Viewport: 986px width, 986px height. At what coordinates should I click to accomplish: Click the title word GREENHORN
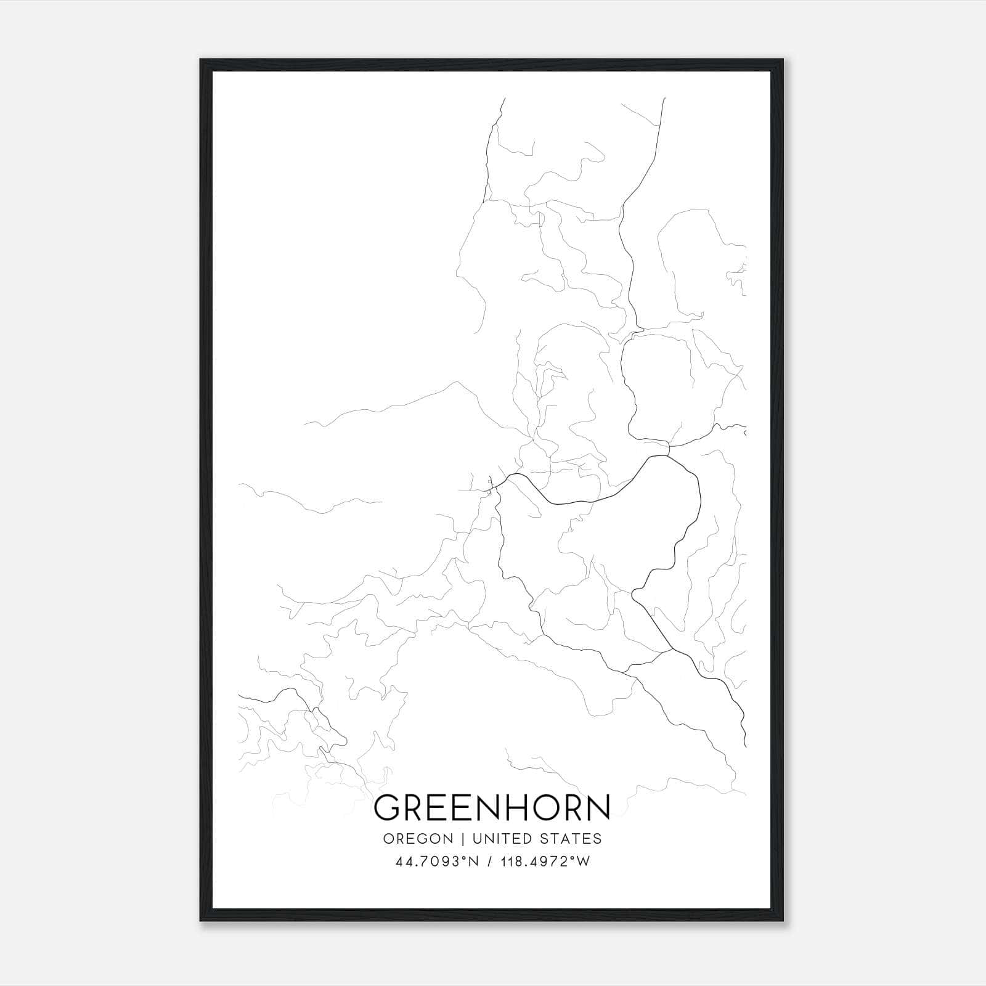coord(492,808)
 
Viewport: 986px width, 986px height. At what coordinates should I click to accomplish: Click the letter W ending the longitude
coord(584,862)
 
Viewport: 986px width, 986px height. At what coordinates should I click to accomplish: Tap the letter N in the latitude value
coord(474,862)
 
